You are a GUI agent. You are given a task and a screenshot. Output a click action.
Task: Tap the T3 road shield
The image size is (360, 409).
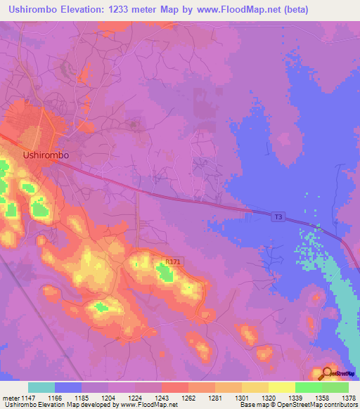(x=278, y=218)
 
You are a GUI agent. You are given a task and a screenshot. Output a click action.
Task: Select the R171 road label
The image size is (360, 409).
(x=172, y=262)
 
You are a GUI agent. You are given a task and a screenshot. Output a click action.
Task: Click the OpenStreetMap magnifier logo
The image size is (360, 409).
(x=328, y=374)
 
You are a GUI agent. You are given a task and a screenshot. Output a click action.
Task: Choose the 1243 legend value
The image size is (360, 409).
(x=177, y=398)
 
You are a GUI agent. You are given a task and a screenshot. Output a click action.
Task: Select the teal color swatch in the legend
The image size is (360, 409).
(x=41, y=387)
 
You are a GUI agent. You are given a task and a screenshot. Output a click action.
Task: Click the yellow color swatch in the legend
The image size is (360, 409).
(x=282, y=387)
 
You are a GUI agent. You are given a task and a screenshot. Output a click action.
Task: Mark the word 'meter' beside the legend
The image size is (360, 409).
(x=11, y=398)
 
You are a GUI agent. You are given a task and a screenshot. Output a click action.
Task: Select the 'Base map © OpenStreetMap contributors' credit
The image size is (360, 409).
(x=298, y=405)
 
